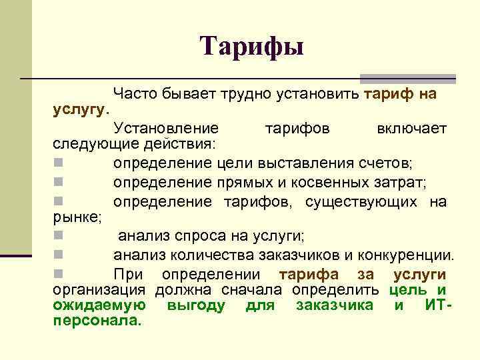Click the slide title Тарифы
click(x=252, y=46)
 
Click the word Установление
click(x=165, y=128)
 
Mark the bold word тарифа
click(x=309, y=275)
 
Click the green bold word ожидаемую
click(x=99, y=305)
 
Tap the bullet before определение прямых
click(x=59, y=182)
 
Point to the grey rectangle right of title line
click(x=407, y=79)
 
